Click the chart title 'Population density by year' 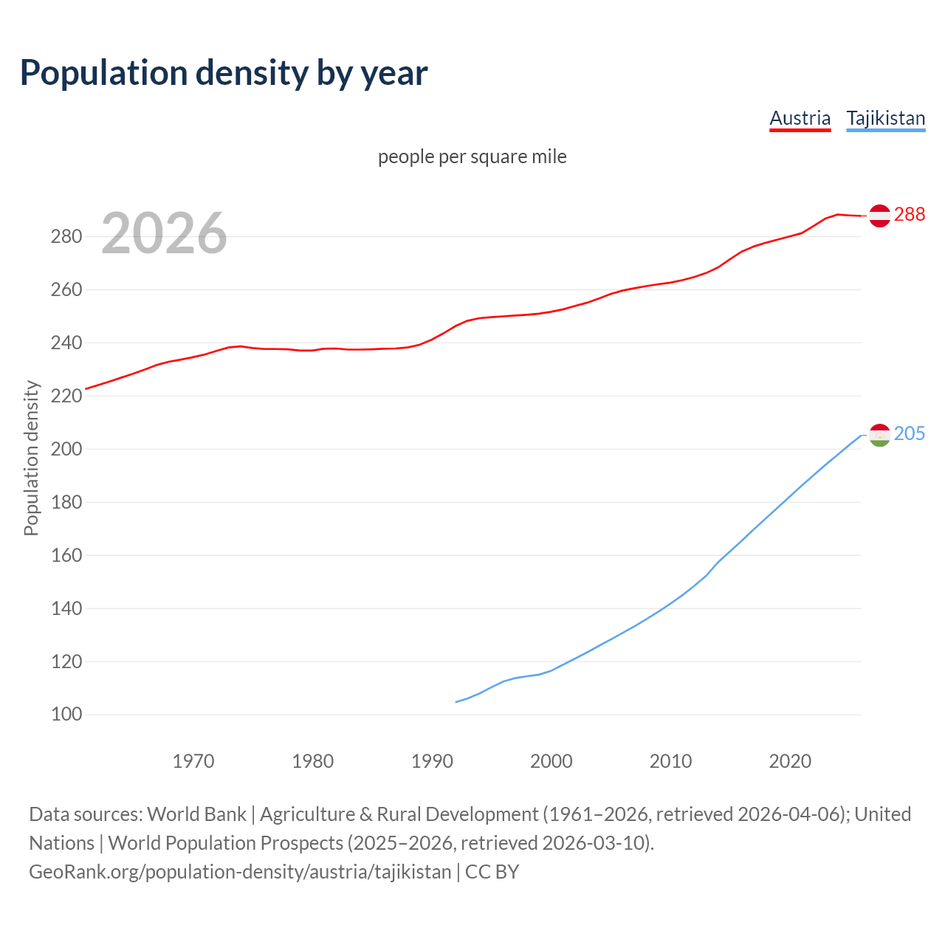224,72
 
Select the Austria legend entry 800,118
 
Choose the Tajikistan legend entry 885,118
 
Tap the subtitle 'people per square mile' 472,157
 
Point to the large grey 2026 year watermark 164,233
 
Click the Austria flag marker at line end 879,215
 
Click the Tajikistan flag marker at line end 879,436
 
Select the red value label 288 909,214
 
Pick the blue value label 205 909,433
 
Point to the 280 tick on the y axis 66,237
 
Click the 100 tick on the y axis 66,715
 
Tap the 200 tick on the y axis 66,449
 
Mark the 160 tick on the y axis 66,555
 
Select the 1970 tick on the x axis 193,760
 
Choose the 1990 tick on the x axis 432,760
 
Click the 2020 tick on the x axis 790,760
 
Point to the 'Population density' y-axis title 31,458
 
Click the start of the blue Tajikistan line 456,701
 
